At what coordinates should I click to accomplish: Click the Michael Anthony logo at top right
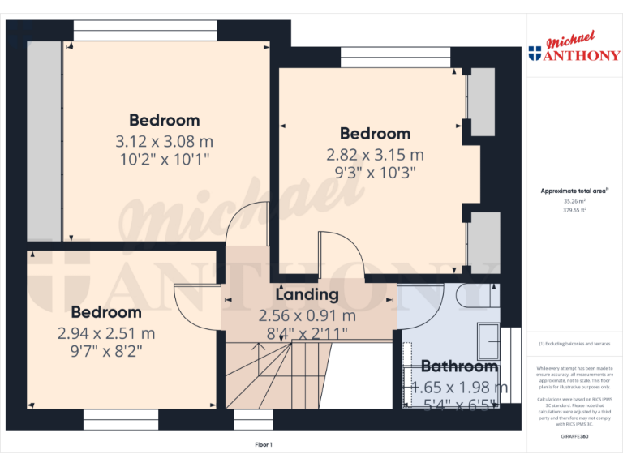574,48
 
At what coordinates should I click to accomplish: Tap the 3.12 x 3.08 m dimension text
164,141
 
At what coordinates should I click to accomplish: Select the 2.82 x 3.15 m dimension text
375,154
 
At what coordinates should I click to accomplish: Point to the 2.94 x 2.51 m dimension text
106,332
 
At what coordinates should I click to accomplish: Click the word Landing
307,294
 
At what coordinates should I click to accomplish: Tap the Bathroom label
459,366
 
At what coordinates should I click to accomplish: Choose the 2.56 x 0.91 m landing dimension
307,315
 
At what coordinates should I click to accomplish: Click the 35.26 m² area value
574,201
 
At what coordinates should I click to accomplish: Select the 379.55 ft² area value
574,209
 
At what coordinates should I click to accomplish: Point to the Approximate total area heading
574,191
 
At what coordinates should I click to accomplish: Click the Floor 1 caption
264,444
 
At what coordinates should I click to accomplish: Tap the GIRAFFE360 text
574,437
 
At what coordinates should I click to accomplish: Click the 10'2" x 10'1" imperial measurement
164,160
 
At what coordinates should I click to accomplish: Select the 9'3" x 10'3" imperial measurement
375,172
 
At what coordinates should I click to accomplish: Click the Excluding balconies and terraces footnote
574,344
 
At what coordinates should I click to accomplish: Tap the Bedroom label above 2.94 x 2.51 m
106,312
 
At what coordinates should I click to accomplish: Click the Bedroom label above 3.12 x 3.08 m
164,121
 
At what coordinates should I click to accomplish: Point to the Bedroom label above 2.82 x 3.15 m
375,134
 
